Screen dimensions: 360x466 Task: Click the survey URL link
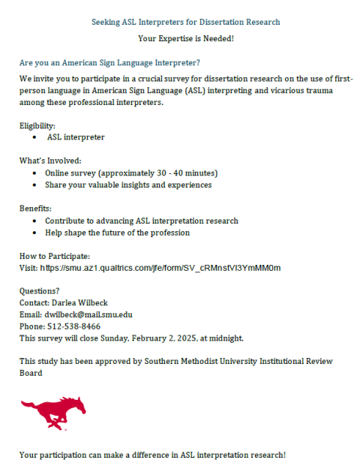click(x=160, y=267)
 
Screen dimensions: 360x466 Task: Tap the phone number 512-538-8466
click(x=73, y=326)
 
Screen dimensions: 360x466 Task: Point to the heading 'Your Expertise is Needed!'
click(x=186, y=38)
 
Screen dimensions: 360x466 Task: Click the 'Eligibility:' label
click(x=37, y=126)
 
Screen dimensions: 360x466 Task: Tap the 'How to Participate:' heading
click(x=55, y=256)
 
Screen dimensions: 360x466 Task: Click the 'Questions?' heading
click(x=39, y=290)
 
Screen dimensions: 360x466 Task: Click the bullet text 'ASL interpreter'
click(x=76, y=137)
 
